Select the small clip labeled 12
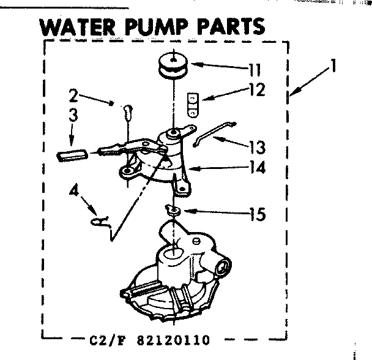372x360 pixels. tap(193, 103)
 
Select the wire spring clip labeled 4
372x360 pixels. tap(99, 221)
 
